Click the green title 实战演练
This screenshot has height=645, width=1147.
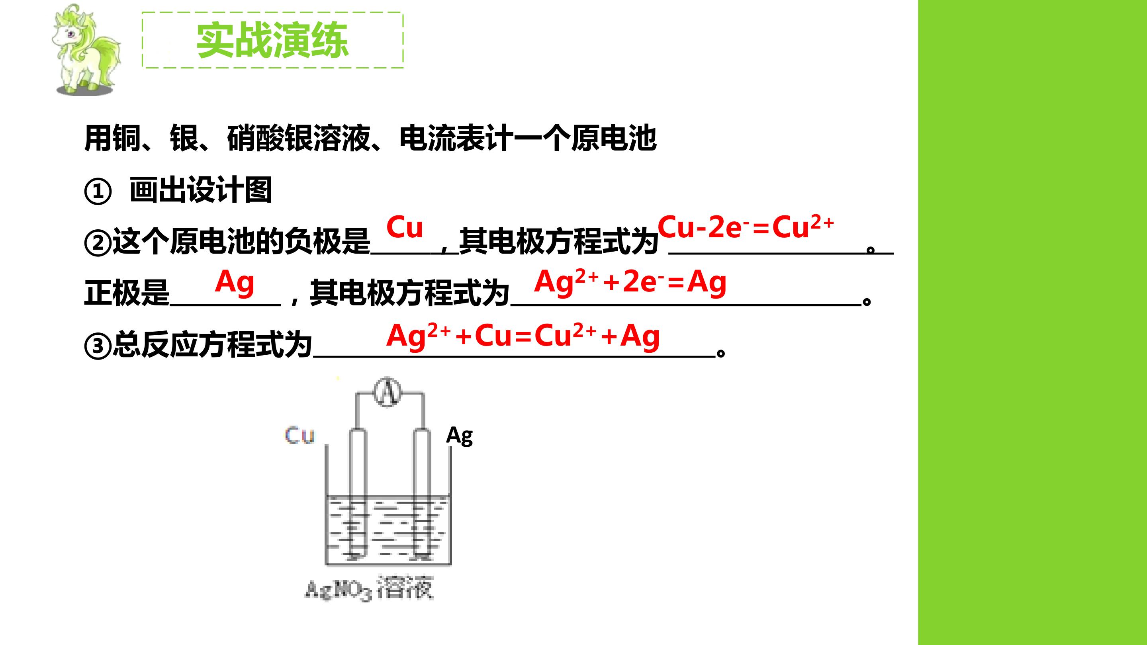(x=272, y=40)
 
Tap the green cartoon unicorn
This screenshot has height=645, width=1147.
(x=86, y=50)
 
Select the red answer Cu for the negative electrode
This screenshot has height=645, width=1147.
(x=404, y=227)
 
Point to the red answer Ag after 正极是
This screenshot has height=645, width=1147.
(x=235, y=283)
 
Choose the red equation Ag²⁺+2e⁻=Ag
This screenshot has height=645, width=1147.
(x=630, y=283)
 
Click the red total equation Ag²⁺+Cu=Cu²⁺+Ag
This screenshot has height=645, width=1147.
(x=523, y=336)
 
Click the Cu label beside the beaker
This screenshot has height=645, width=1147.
(x=299, y=435)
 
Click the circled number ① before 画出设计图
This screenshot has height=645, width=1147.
(x=98, y=192)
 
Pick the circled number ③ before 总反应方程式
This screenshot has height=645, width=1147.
(x=98, y=346)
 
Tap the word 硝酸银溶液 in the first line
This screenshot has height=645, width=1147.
(x=299, y=139)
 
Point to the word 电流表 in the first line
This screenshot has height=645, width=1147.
(x=442, y=139)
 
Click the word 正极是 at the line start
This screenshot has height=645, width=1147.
(x=127, y=293)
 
